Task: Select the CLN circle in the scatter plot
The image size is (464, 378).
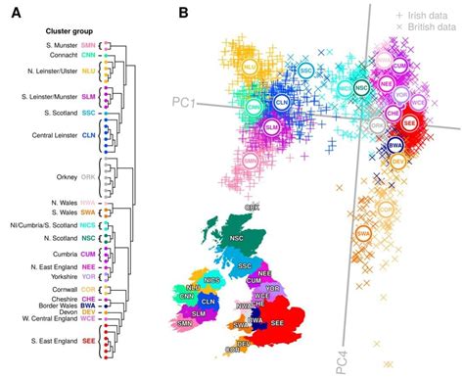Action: coord(281,101)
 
